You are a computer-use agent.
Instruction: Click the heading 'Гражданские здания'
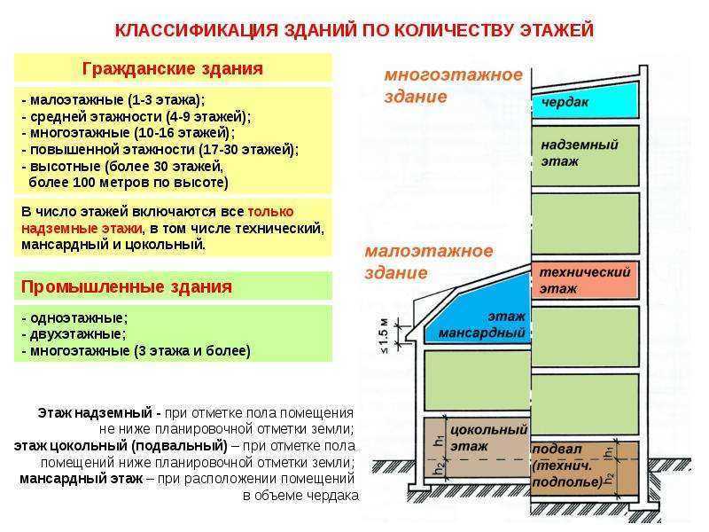(172, 69)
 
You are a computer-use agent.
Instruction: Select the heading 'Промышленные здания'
(126, 286)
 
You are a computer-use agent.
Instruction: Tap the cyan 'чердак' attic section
(585, 101)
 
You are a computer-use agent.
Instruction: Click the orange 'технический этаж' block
(585, 279)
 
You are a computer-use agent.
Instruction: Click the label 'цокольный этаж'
(489, 438)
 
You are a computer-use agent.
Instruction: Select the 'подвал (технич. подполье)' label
(568, 465)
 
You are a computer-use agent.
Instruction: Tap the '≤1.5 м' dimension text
(384, 336)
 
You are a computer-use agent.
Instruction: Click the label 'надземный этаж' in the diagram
(580, 153)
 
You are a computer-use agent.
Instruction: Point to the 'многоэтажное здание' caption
(453, 85)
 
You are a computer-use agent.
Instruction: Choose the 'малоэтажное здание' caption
(429, 262)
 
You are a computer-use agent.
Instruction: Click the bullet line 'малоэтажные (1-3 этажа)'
(113, 99)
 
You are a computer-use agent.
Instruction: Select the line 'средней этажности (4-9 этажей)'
(136, 116)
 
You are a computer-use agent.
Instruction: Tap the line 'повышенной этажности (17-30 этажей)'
(160, 149)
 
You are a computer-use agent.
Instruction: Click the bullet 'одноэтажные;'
(74, 318)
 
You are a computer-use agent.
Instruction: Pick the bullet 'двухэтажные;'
(74, 334)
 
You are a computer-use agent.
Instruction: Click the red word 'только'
(270, 211)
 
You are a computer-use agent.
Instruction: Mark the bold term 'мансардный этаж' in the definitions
(82, 478)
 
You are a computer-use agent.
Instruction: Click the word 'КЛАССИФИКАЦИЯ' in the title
(196, 30)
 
